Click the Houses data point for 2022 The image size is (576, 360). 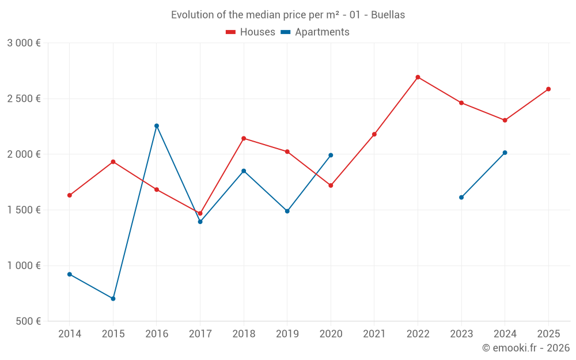[x=418, y=77]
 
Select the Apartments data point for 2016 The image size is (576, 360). [x=157, y=126]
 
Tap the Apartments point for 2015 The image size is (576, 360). [x=113, y=298]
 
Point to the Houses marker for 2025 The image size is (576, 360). [x=548, y=89]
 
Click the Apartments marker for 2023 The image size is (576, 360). [x=461, y=198]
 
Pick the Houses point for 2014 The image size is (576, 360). [x=70, y=195]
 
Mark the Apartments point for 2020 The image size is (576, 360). [x=331, y=155]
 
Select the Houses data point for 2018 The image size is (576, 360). [x=244, y=138]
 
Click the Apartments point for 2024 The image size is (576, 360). [x=505, y=153]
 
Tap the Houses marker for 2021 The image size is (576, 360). [x=374, y=134]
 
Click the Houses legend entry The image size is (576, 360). [x=251, y=32]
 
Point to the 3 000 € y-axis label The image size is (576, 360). [x=24, y=43]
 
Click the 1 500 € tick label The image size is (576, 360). [x=24, y=210]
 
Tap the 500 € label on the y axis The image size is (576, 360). [x=28, y=321]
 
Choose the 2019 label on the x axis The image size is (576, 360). [x=287, y=334]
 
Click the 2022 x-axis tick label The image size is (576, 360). [x=418, y=334]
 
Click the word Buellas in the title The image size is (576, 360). [x=388, y=15]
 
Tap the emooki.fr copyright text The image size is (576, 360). [x=525, y=348]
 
